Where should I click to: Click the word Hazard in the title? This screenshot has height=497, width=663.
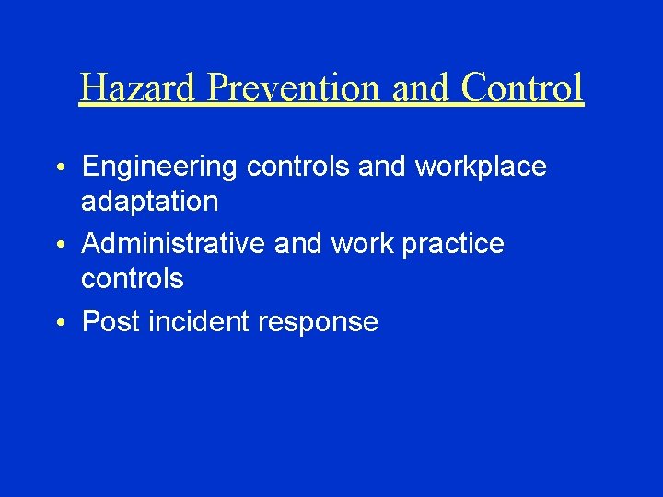[139, 88]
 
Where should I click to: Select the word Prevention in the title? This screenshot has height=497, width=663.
[296, 88]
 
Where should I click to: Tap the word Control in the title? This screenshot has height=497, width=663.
[522, 88]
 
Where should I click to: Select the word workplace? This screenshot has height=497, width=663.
[481, 168]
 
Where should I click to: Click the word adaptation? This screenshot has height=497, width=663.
[149, 201]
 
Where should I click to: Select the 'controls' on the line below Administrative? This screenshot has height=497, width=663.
[132, 278]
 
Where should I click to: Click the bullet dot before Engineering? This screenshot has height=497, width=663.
[59, 169]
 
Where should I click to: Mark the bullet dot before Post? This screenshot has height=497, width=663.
[59, 324]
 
